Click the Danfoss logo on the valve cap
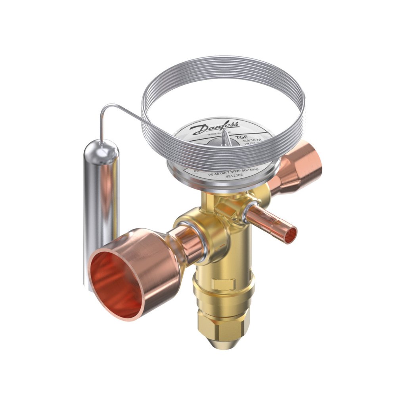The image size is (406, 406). point(214,128)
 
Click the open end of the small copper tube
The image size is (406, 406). point(291,235)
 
